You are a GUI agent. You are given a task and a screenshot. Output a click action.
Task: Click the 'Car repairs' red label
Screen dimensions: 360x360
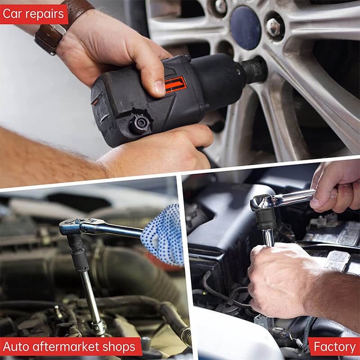pyautogui.click(x=34, y=14)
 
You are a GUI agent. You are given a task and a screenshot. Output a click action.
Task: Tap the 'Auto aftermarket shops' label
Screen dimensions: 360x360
pyautogui.click(x=69, y=347)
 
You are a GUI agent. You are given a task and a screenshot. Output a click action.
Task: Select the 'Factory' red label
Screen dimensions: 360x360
pyautogui.click(x=334, y=347)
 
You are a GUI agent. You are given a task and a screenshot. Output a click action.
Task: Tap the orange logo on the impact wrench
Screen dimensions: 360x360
pyautogui.click(x=175, y=84)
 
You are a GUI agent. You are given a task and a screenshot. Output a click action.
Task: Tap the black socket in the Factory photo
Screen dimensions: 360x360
pyautogui.click(x=266, y=219)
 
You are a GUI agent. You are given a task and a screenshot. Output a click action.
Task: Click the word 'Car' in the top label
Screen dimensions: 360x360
pyautogui.click(x=14, y=14)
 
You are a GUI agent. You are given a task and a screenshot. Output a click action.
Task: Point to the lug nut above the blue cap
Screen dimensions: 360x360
pyautogui.click(x=220, y=6)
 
